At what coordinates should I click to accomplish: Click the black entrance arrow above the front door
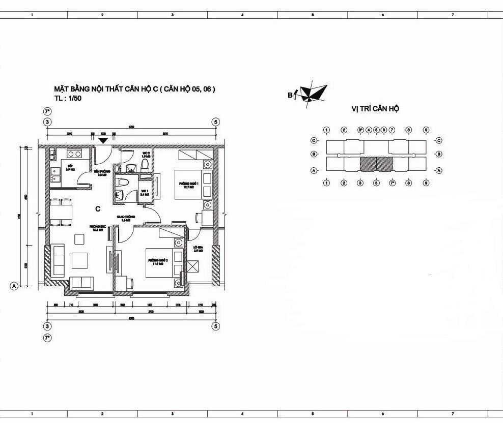coord(103,140)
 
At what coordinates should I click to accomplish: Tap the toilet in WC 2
coord(145,164)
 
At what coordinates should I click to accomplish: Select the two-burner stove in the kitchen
coord(74,154)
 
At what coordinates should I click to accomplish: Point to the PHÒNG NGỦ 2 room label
coord(155,262)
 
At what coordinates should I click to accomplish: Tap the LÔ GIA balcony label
coord(198,249)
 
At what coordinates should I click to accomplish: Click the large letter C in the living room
coord(97,208)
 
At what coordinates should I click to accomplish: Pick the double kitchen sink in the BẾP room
coord(53,174)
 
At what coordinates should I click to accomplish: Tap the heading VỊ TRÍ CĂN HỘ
coord(375,109)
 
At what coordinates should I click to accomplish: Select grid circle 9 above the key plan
coord(426,130)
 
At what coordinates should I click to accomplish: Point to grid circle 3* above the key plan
coord(360,130)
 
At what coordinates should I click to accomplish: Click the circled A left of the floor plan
coord(14,286)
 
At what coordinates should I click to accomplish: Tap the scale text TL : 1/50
coord(68,99)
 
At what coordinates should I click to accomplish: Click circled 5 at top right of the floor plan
coord(216,122)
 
